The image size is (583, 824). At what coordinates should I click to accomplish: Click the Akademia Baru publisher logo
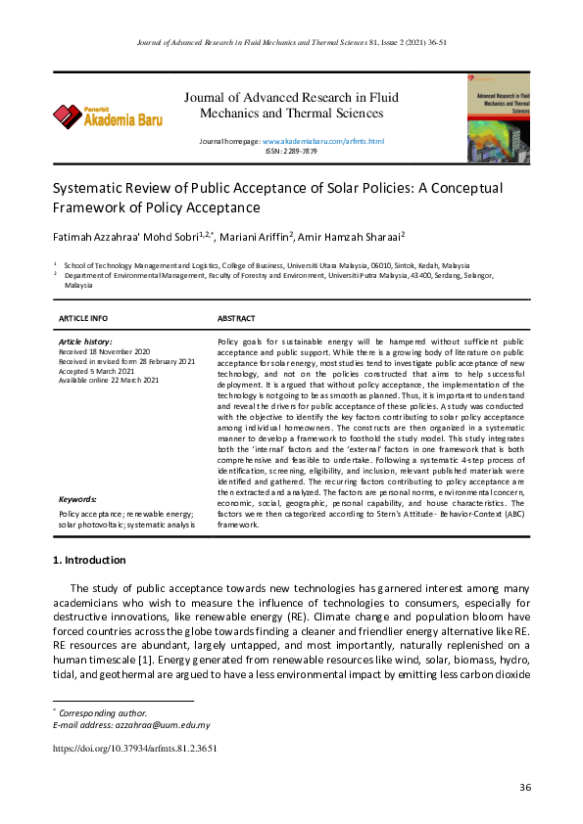pos(108,116)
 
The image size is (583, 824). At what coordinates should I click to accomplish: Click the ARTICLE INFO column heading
pos(83,319)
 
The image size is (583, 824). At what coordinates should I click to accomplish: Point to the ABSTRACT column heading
pos(236,319)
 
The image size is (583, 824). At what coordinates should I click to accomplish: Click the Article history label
pos(85,341)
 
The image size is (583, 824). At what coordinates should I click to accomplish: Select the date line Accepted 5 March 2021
pos(97,371)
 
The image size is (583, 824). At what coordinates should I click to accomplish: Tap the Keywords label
pos(77,499)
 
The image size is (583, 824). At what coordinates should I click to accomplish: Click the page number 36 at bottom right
pos(524,788)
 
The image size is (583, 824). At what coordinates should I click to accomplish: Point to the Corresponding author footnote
pos(105,713)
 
